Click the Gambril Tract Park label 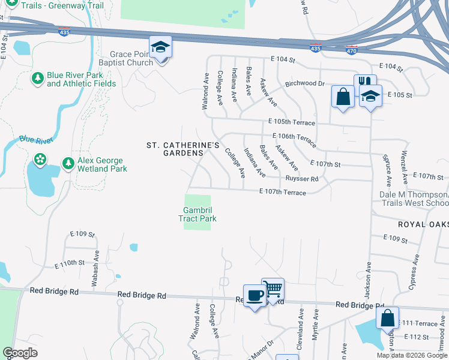(197, 214)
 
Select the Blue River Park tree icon (38, 79)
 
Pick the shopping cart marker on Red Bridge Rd (273, 290)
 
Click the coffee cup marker (255, 296)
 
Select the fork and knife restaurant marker (364, 83)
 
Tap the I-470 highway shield (353, 47)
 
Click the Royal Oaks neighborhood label (423, 224)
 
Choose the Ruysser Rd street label (302, 179)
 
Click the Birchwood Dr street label (304, 83)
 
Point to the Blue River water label (36, 140)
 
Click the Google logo (20, 353)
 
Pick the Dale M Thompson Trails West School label (414, 199)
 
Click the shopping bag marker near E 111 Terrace (387, 317)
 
